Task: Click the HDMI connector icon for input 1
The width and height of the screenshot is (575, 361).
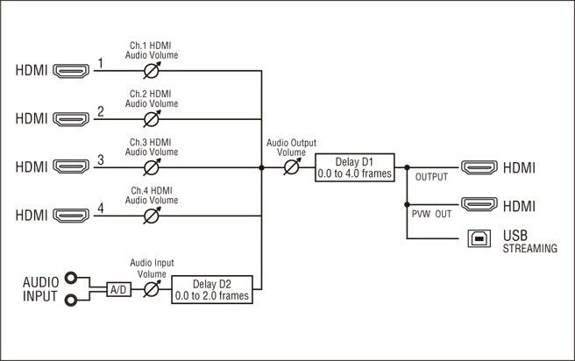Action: tap(72, 71)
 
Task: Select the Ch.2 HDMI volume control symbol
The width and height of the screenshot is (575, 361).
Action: tap(151, 119)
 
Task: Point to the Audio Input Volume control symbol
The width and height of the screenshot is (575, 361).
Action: tap(151, 287)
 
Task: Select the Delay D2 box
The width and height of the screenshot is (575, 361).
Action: tap(211, 288)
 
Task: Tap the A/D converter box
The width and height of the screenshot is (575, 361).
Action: tap(118, 288)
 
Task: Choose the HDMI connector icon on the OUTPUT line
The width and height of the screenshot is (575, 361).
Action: tap(481, 166)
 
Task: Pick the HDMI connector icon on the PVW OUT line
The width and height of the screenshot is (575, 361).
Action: tap(481, 205)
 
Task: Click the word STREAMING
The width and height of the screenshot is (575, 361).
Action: tap(529, 249)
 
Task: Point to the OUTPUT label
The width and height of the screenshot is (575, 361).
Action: tap(431, 177)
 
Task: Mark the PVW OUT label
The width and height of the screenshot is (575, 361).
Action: tap(431, 214)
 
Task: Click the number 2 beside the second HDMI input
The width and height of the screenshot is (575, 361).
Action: tap(101, 111)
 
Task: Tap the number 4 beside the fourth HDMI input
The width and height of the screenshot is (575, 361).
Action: tap(101, 208)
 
